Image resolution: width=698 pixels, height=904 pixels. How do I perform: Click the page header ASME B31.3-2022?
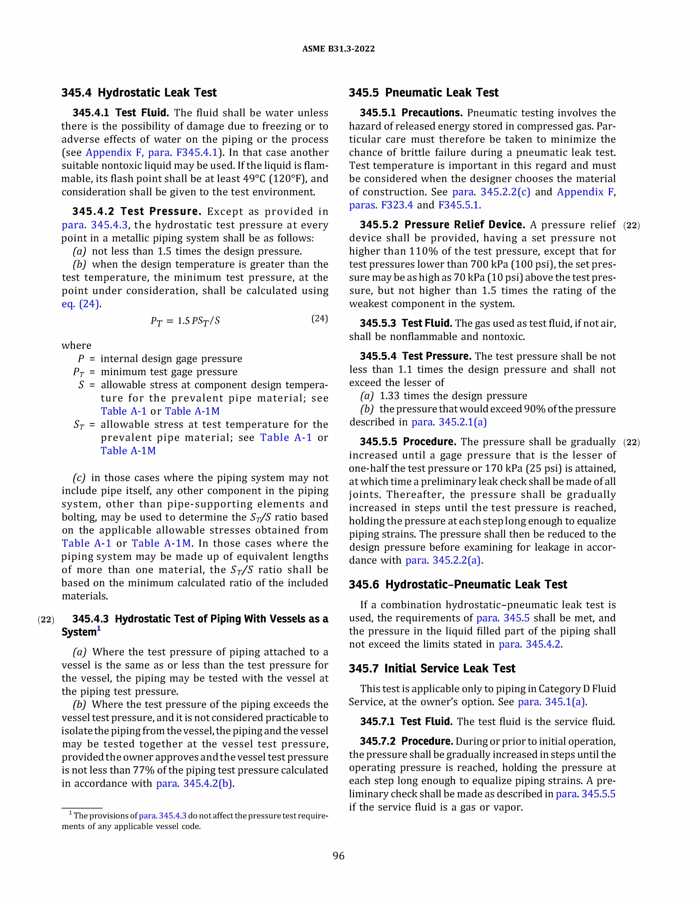click(x=338, y=49)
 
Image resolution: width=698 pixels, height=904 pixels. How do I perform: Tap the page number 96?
click(x=338, y=856)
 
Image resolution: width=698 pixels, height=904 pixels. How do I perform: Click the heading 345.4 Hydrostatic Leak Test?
click(x=139, y=93)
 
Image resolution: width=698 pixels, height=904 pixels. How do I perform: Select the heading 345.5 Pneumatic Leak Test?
click(x=423, y=93)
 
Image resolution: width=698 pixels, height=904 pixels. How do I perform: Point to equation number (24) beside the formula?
click(x=319, y=318)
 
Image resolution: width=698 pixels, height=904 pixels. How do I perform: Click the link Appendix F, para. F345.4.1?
click(x=151, y=152)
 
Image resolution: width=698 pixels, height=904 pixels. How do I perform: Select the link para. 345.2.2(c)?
click(x=491, y=192)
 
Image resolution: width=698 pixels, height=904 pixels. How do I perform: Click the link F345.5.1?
click(x=459, y=205)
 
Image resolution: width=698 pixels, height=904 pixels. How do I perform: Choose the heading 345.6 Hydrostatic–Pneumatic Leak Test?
click(x=458, y=584)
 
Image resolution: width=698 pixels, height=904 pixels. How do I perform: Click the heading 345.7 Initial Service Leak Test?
click(x=432, y=669)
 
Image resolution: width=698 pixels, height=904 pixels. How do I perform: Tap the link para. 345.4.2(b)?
click(x=194, y=784)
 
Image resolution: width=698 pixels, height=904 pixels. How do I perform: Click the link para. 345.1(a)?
click(x=552, y=702)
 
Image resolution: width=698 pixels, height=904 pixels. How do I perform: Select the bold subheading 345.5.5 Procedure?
click(x=408, y=442)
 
